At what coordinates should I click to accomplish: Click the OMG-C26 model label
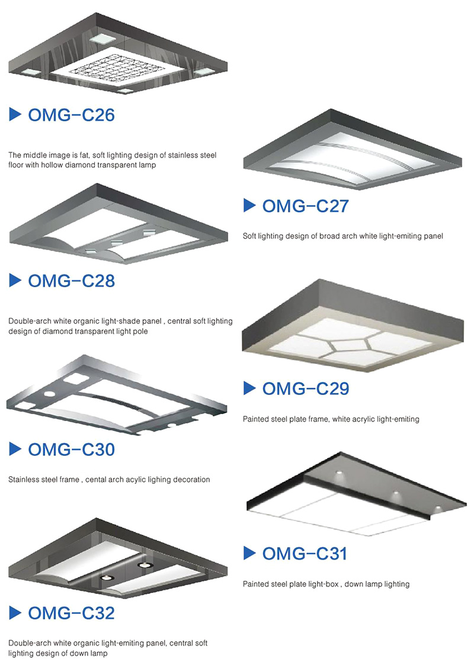point(71,115)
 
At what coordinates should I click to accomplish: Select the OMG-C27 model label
point(306,205)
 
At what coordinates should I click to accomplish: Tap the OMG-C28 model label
point(71,281)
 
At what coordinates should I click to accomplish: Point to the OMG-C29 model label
point(306,388)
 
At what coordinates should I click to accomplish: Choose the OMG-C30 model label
point(71,449)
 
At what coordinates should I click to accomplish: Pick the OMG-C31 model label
point(305,553)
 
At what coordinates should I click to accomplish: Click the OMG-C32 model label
point(71,613)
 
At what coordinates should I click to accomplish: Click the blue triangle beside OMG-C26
point(15,115)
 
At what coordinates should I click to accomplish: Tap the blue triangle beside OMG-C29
point(249,388)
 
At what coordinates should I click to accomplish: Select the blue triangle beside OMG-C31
point(249,553)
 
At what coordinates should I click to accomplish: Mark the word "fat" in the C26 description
point(84,155)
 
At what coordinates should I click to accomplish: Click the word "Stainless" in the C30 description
point(24,480)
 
